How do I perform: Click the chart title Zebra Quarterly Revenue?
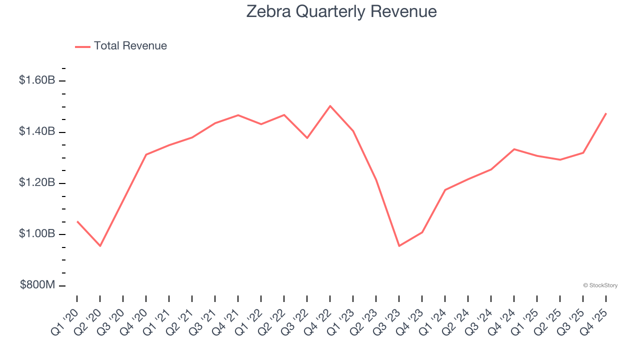click(x=341, y=11)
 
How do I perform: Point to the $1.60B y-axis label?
click(x=37, y=80)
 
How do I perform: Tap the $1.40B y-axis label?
click(x=37, y=131)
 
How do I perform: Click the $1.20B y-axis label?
click(x=37, y=183)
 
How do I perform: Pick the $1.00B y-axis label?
click(x=37, y=234)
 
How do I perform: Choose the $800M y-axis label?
click(x=37, y=285)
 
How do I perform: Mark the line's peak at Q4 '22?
click(x=330, y=106)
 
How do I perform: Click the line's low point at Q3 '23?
click(x=399, y=246)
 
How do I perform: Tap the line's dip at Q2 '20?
click(x=100, y=246)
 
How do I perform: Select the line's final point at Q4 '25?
click(x=606, y=113)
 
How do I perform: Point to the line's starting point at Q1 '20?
click(x=77, y=221)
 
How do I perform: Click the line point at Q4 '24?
click(x=514, y=149)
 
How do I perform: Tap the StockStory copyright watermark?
click(x=600, y=285)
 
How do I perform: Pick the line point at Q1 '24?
click(x=445, y=190)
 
